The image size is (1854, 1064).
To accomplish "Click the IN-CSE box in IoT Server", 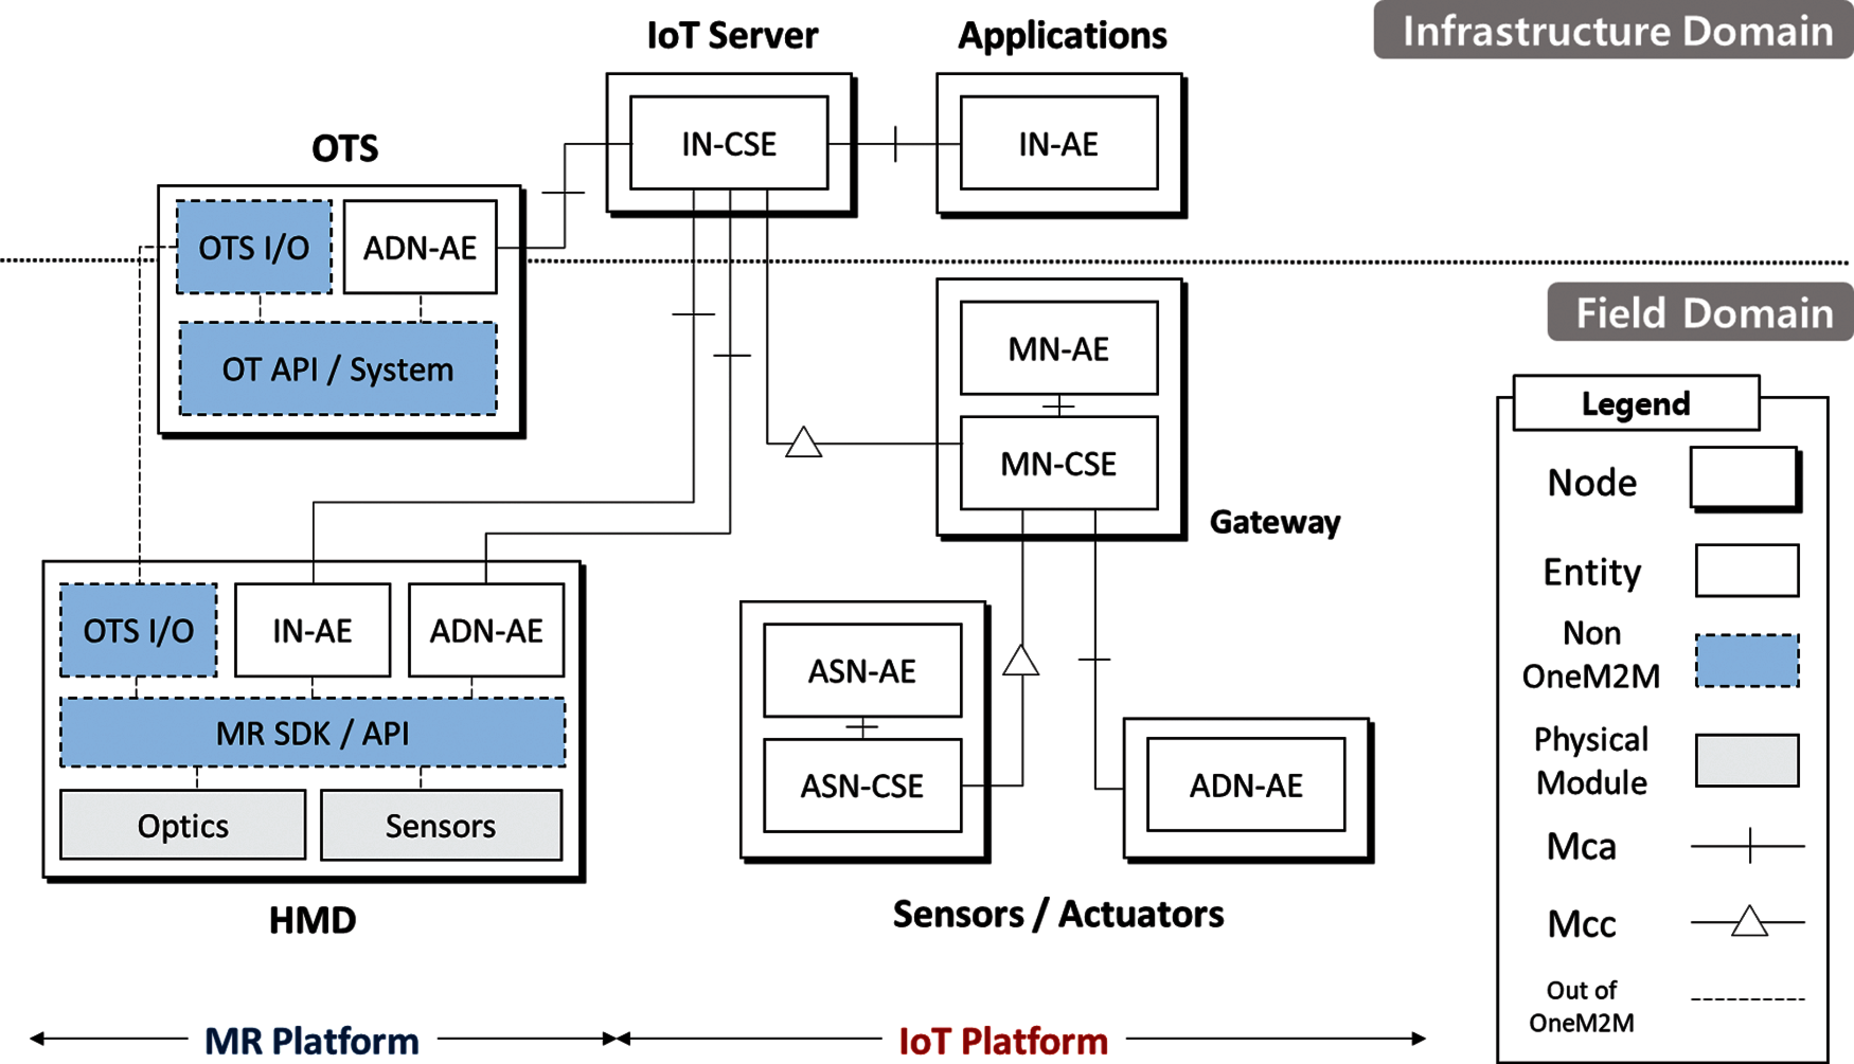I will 729,143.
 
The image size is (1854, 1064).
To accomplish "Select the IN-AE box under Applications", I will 1058,143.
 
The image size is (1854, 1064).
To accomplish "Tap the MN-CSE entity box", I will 1058,463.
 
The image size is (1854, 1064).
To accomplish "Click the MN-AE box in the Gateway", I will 1058,348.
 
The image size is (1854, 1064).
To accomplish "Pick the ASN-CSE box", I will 862,786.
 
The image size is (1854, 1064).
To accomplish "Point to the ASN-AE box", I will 862,671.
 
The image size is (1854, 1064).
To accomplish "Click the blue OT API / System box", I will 338,369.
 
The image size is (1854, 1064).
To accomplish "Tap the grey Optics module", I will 183,826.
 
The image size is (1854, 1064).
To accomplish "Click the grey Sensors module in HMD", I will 441,826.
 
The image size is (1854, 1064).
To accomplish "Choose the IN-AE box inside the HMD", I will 312,630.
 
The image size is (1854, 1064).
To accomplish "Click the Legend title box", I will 1635,403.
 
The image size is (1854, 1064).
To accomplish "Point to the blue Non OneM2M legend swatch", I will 1746,661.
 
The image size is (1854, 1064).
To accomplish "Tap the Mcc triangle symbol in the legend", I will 1749,922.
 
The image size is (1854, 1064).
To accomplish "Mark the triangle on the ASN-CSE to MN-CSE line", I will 1021,661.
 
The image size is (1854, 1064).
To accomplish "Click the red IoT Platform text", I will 1003,1040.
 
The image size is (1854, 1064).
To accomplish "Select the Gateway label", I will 1274,522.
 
